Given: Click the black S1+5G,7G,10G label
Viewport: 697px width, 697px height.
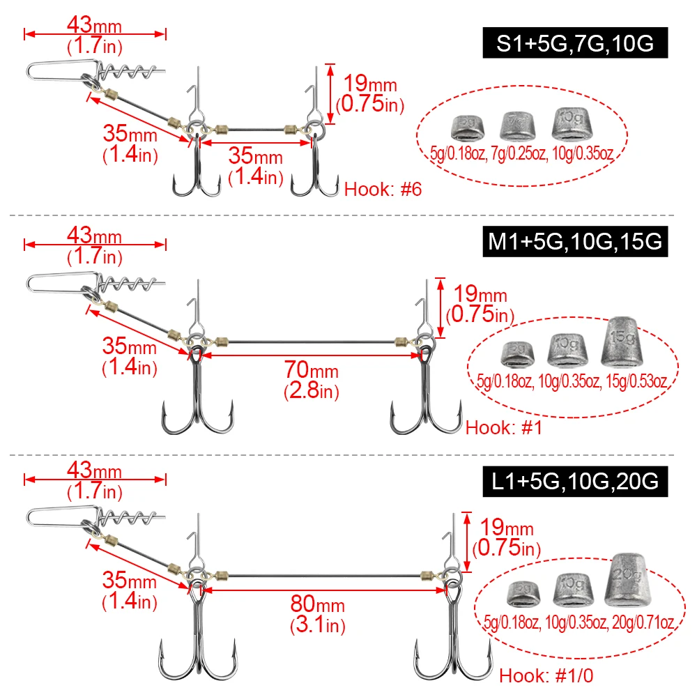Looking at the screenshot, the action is pos(574,44).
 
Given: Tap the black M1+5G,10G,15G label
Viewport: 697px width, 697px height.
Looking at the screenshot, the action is pos(574,242).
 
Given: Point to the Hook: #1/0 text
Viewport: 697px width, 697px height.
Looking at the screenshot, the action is pos(547,675).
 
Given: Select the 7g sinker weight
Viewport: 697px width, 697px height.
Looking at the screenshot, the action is pos(517,125).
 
